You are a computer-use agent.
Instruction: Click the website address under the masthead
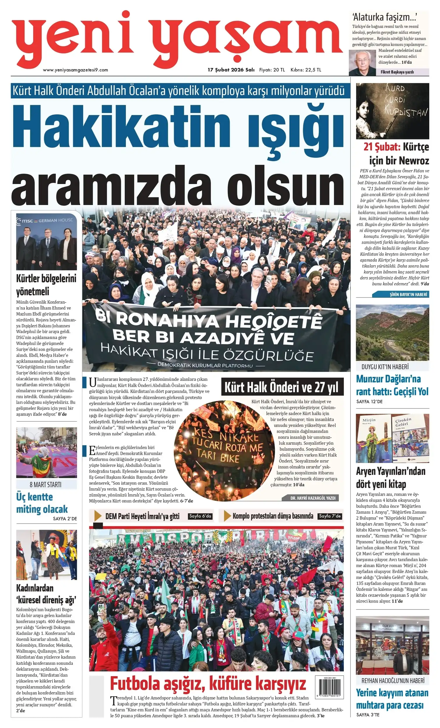(75, 70)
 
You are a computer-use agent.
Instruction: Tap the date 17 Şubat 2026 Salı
(231, 70)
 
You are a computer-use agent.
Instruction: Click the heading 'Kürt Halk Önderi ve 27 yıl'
(282, 387)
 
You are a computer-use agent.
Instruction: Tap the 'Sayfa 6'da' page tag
(200, 516)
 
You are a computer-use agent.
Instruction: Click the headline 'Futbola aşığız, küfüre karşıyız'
(208, 683)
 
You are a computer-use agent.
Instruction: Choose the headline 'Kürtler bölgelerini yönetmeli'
(46, 285)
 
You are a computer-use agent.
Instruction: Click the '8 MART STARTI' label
(45, 485)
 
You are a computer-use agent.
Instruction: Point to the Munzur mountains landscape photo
(392, 332)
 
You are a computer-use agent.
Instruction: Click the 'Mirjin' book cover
(374, 439)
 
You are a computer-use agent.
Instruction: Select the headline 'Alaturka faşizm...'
(384, 17)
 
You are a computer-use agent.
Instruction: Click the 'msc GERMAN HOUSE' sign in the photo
(46, 220)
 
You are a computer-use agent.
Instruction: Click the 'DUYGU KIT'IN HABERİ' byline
(385, 367)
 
